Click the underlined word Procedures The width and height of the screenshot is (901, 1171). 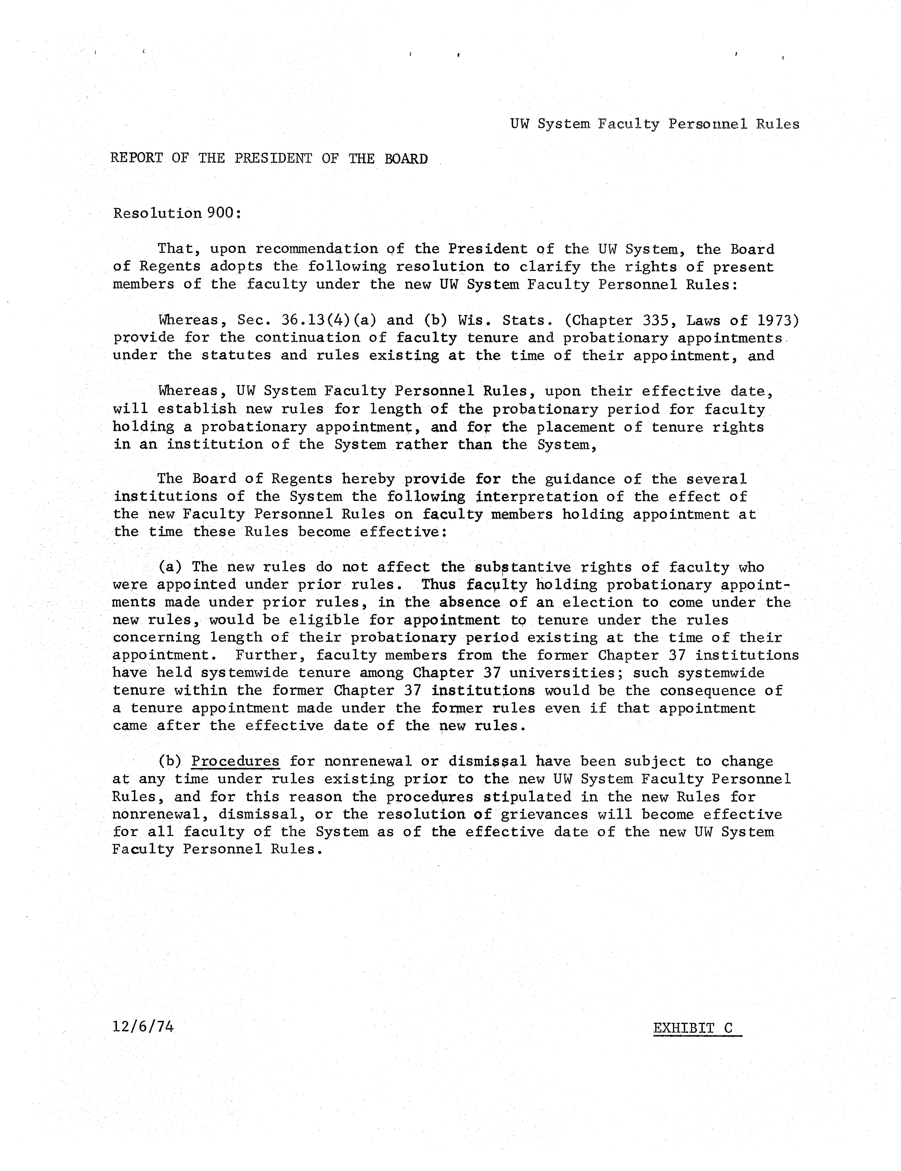tap(236, 761)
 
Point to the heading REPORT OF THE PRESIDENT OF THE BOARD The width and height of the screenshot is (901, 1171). tap(269, 159)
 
